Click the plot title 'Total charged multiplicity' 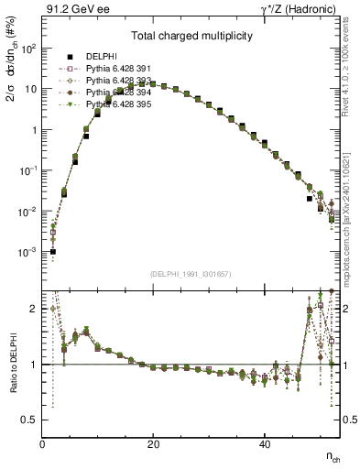coord(191,38)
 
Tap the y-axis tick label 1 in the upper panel coord(33,130)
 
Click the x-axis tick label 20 coord(154,444)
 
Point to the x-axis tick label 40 coord(265,444)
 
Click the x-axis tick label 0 coord(43,444)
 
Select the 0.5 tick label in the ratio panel coord(30,420)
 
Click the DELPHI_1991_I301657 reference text coord(191,274)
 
